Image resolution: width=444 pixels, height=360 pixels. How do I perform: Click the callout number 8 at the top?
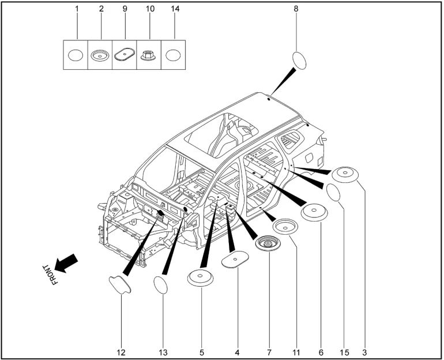pyautogui.click(x=296, y=9)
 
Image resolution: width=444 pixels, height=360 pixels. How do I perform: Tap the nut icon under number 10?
pyautogui.click(x=149, y=55)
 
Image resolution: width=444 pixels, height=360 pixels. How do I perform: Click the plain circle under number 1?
pyautogui.click(x=75, y=55)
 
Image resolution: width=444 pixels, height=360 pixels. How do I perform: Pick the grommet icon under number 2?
pyautogui.click(x=100, y=55)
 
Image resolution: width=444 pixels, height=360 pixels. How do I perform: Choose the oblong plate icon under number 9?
pyautogui.click(x=124, y=55)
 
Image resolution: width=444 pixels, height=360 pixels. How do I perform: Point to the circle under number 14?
pyautogui.click(x=173, y=55)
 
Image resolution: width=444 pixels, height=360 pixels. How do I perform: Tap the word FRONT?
pyautogui.click(x=51, y=275)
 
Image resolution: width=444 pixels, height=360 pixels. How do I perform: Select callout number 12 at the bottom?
pyautogui.click(x=122, y=351)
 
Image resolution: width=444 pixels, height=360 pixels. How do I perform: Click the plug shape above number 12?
pyautogui.click(x=119, y=284)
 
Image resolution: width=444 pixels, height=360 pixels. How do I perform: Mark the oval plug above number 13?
pyautogui.click(x=161, y=284)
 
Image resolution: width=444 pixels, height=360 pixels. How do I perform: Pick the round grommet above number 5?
pyautogui.click(x=201, y=278)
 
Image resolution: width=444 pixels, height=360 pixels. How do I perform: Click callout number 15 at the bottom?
pyautogui.click(x=344, y=351)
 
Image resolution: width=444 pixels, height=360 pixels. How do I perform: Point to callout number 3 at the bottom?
pyautogui.click(x=364, y=351)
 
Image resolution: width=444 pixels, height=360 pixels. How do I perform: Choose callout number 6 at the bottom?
pyautogui.click(x=321, y=351)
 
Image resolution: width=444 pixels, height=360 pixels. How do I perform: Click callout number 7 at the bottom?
pyautogui.click(x=269, y=351)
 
